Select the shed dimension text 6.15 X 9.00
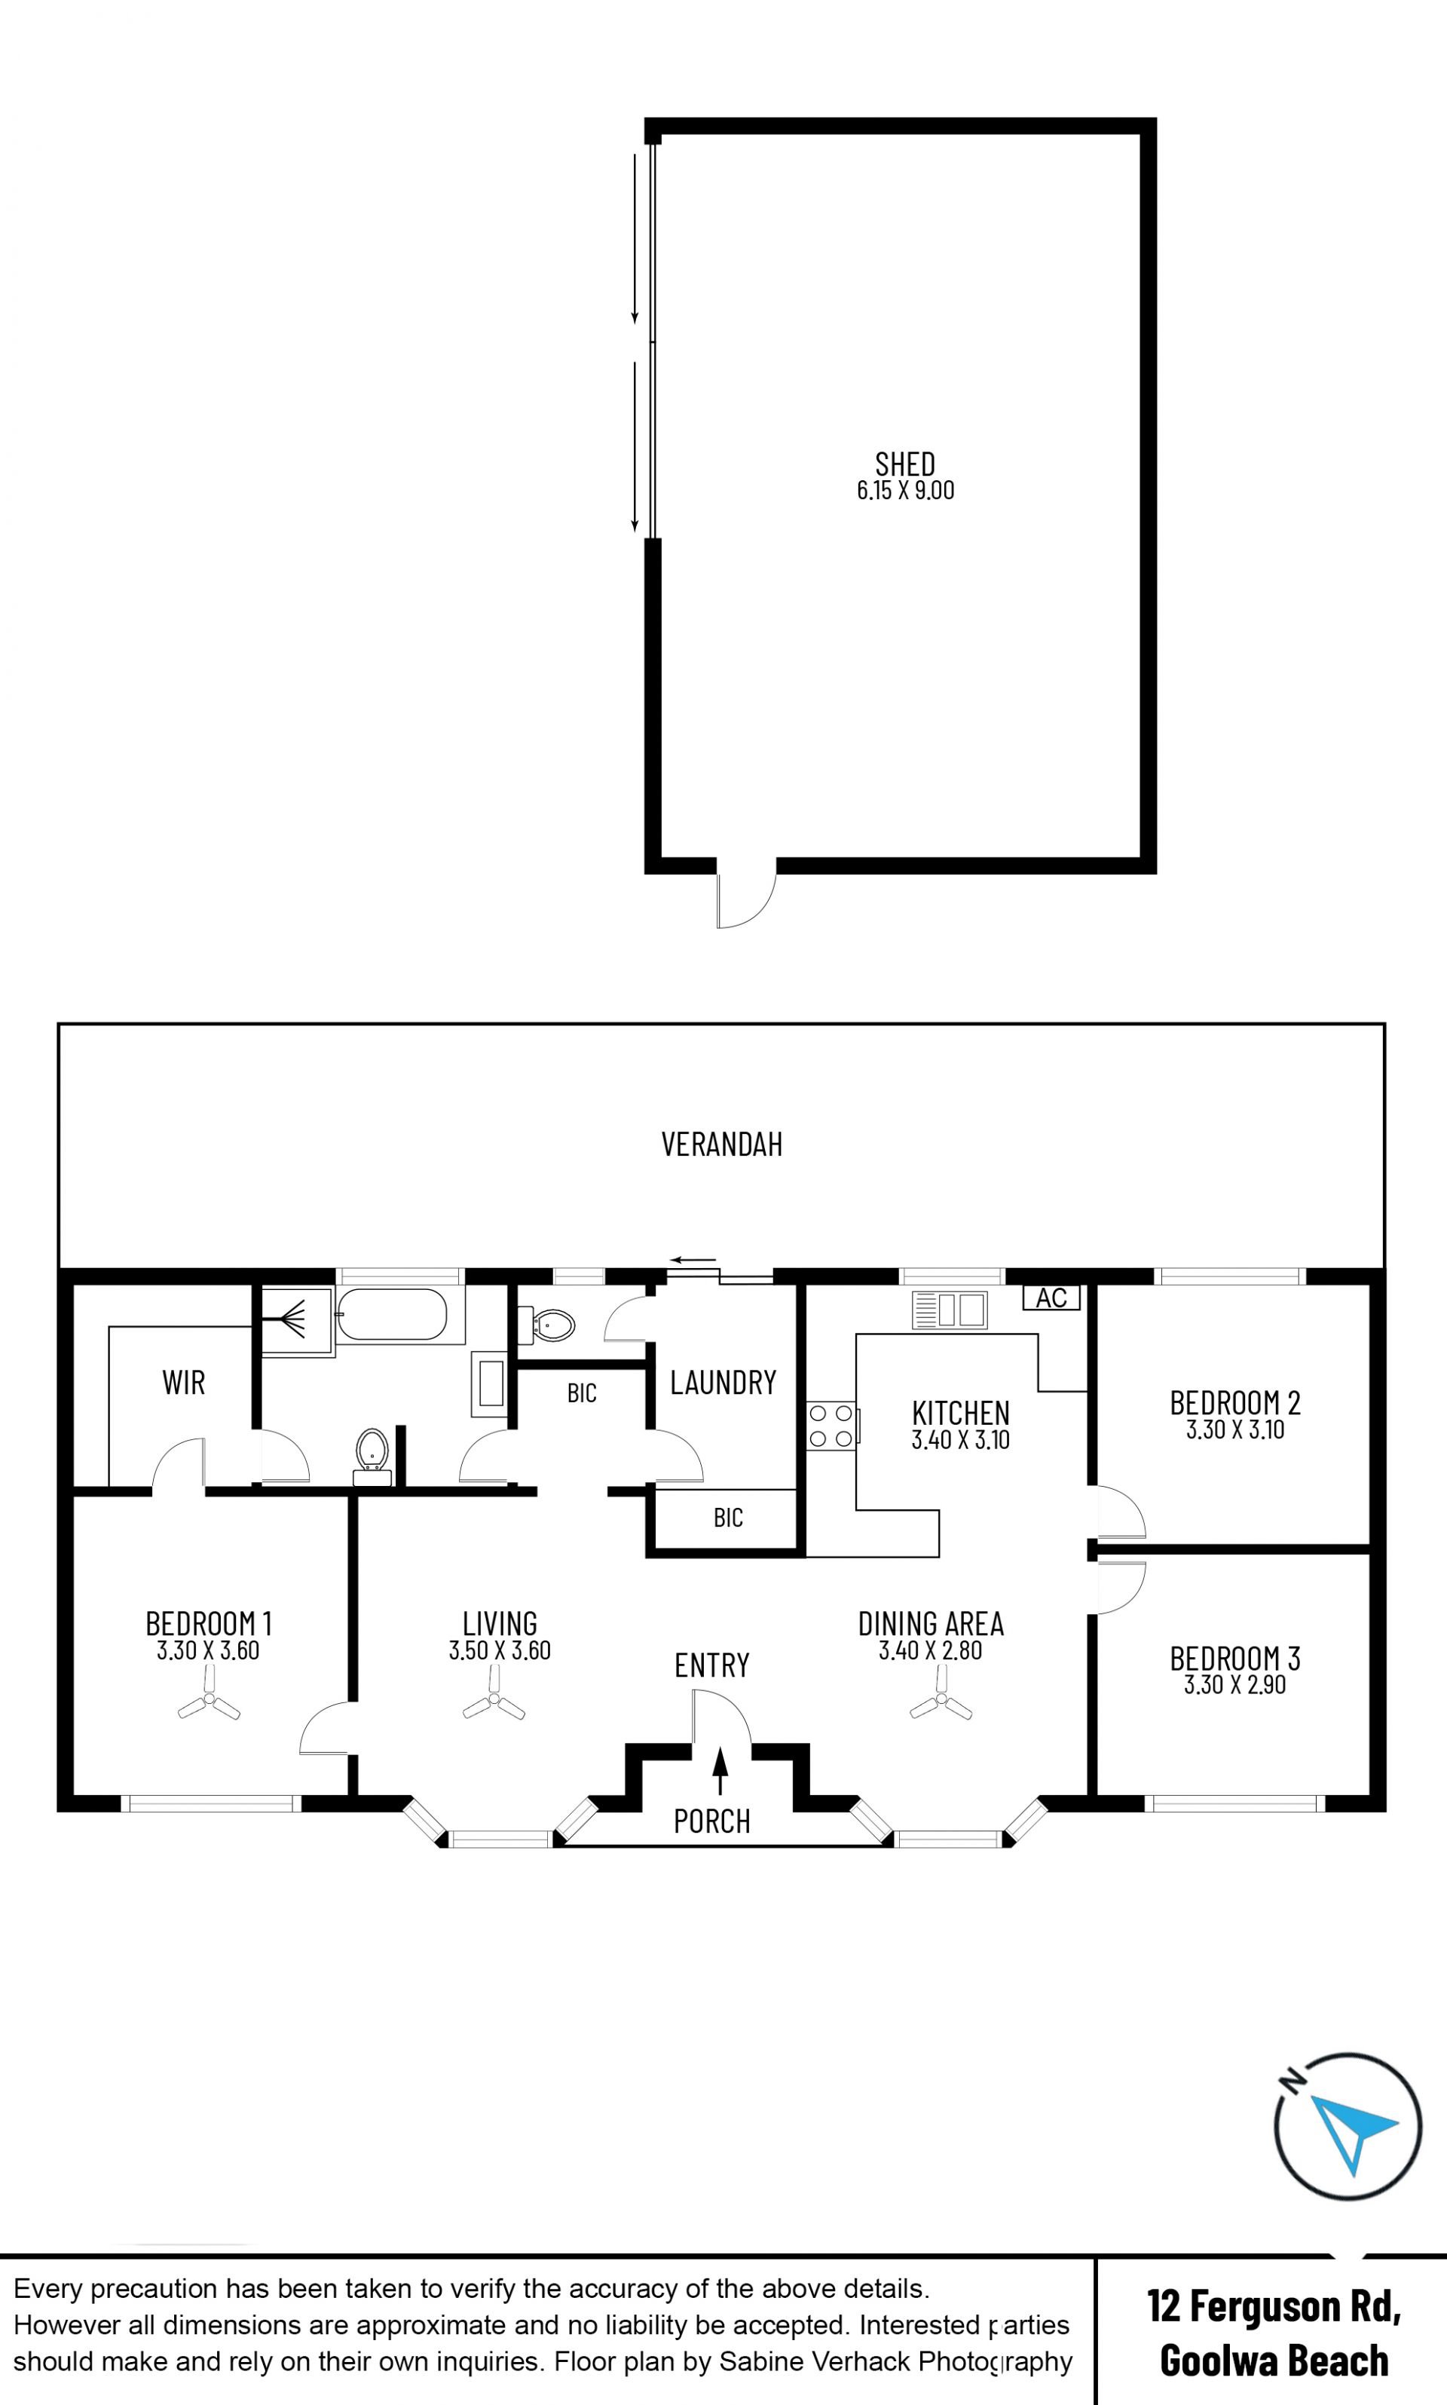905,491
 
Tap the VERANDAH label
721,1144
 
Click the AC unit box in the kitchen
1051,1297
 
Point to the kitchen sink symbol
949,1310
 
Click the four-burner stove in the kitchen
831,1426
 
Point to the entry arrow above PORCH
720,1770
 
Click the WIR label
183,1382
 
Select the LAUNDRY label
723,1382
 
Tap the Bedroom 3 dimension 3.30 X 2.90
1234,1685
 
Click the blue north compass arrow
1354,2132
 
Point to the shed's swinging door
746,893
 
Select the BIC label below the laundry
728,1518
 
